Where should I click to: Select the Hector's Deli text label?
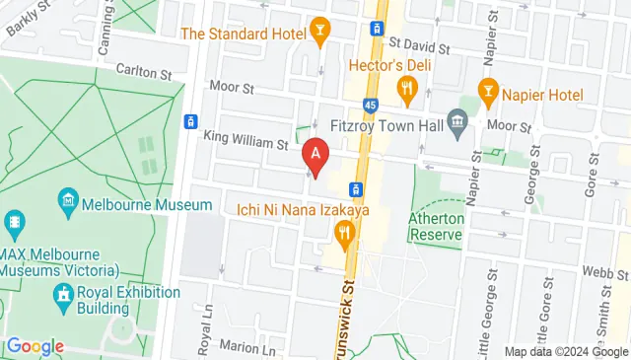tap(385, 66)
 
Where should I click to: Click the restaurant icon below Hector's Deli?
tap(406, 92)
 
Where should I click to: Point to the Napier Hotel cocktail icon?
tap(486, 92)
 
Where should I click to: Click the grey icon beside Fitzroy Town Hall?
tap(456, 124)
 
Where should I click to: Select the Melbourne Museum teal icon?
tap(68, 204)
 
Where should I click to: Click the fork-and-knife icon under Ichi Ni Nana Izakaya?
tap(343, 234)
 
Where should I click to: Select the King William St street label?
tap(245, 142)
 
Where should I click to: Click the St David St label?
tap(419, 45)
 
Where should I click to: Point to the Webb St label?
tap(597, 270)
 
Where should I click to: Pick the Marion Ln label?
tap(247, 348)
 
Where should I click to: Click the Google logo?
tap(35, 346)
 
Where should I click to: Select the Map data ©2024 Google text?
tap(566, 352)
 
